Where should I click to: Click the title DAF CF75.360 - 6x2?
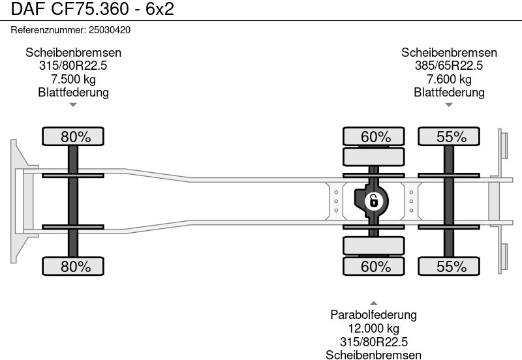(88, 9)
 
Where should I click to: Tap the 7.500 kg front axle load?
(73, 80)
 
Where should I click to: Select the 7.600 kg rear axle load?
(449, 80)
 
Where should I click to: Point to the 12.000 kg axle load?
(373, 329)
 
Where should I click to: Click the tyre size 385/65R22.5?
(449, 66)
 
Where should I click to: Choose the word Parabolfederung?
(373, 315)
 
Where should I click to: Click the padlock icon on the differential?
(373, 200)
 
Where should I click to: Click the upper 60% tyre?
(376, 137)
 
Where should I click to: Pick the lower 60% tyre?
(376, 266)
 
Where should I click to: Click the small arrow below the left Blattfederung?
(73, 104)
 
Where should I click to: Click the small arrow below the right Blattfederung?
(449, 104)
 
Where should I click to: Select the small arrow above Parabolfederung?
(373, 303)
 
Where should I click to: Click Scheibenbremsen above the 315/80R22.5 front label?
(73, 53)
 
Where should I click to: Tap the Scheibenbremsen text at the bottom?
(373, 355)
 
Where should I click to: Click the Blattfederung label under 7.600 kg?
(449, 93)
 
